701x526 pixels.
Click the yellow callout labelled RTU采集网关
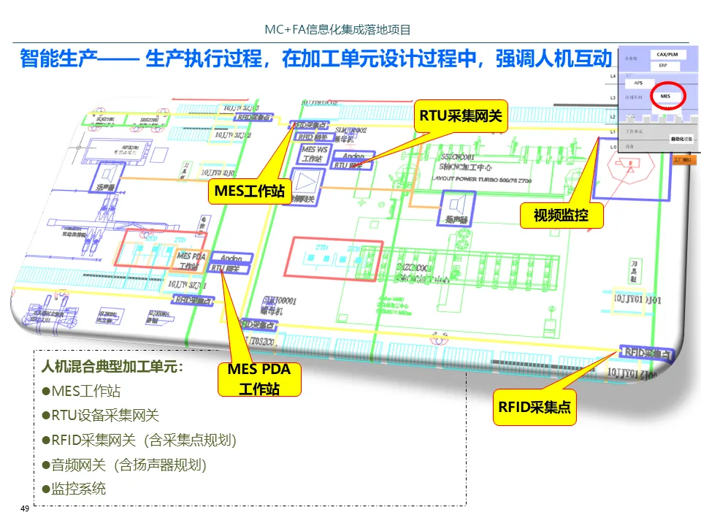[460, 115]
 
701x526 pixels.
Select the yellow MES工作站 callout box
[249, 191]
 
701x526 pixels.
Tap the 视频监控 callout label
[560, 216]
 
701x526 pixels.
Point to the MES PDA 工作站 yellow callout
[259, 378]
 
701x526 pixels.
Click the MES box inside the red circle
[664, 96]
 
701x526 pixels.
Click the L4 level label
[613, 75]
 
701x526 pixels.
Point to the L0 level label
[613, 147]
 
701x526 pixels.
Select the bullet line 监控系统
[78, 489]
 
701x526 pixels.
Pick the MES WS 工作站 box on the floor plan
[314, 154]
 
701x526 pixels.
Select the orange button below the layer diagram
[683, 159]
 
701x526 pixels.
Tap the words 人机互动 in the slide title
[574, 58]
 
